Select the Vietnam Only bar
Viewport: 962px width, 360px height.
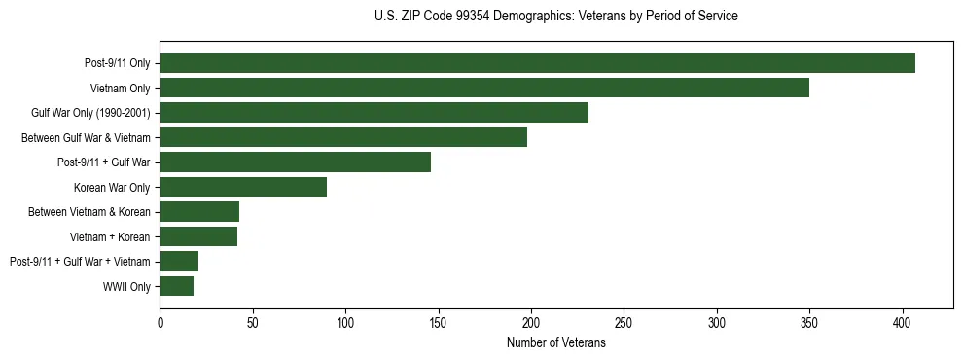pyautogui.click(x=484, y=88)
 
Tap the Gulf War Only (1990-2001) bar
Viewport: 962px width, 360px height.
pyautogui.click(x=374, y=113)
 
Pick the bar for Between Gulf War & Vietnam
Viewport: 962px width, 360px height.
pyautogui.click(x=343, y=137)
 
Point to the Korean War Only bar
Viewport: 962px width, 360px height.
pyautogui.click(x=243, y=187)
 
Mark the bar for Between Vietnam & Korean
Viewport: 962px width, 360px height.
pyautogui.click(x=199, y=212)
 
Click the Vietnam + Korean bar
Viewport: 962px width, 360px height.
pyautogui.click(x=198, y=236)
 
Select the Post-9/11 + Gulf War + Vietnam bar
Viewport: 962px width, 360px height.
pyautogui.click(x=179, y=261)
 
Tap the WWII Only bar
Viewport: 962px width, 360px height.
pyautogui.click(x=176, y=286)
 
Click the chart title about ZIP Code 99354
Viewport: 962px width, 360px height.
pyautogui.click(x=555, y=17)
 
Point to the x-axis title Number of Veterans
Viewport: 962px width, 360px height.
pyautogui.click(x=555, y=343)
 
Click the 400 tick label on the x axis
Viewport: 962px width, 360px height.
pyautogui.click(x=903, y=322)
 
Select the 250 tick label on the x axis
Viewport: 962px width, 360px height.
pyautogui.click(x=624, y=322)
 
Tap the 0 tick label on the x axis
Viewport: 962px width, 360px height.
pyautogui.click(x=160, y=322)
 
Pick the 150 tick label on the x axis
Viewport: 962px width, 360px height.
pyautogui.click(x=438, y=322)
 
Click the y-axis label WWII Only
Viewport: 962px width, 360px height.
pyautogui.click(x=125, y=286)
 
